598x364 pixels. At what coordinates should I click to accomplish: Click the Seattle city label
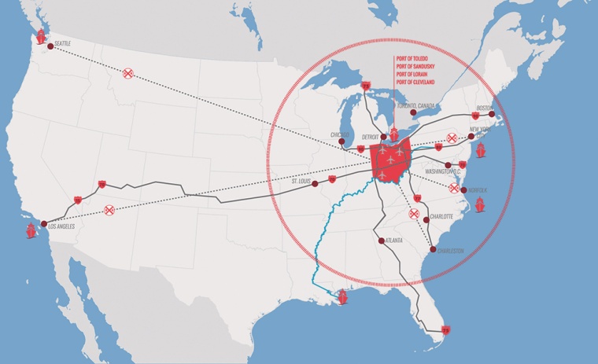coord(62,43)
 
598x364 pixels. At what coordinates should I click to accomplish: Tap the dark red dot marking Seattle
coord(50,46)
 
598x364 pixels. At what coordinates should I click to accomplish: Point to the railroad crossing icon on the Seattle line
coord(128,73)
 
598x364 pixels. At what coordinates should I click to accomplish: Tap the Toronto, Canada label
coord(416,106)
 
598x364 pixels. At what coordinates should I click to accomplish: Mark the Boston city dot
coord(493,116)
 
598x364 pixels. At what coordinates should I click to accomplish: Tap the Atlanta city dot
coord(381,241)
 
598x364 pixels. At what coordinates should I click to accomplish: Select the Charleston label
coord(449,251)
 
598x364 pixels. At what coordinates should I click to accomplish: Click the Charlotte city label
coord(442,215)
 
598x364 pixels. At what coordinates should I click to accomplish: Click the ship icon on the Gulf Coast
coord(343,298)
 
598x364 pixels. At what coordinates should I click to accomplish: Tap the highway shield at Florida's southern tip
coord(445,329)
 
